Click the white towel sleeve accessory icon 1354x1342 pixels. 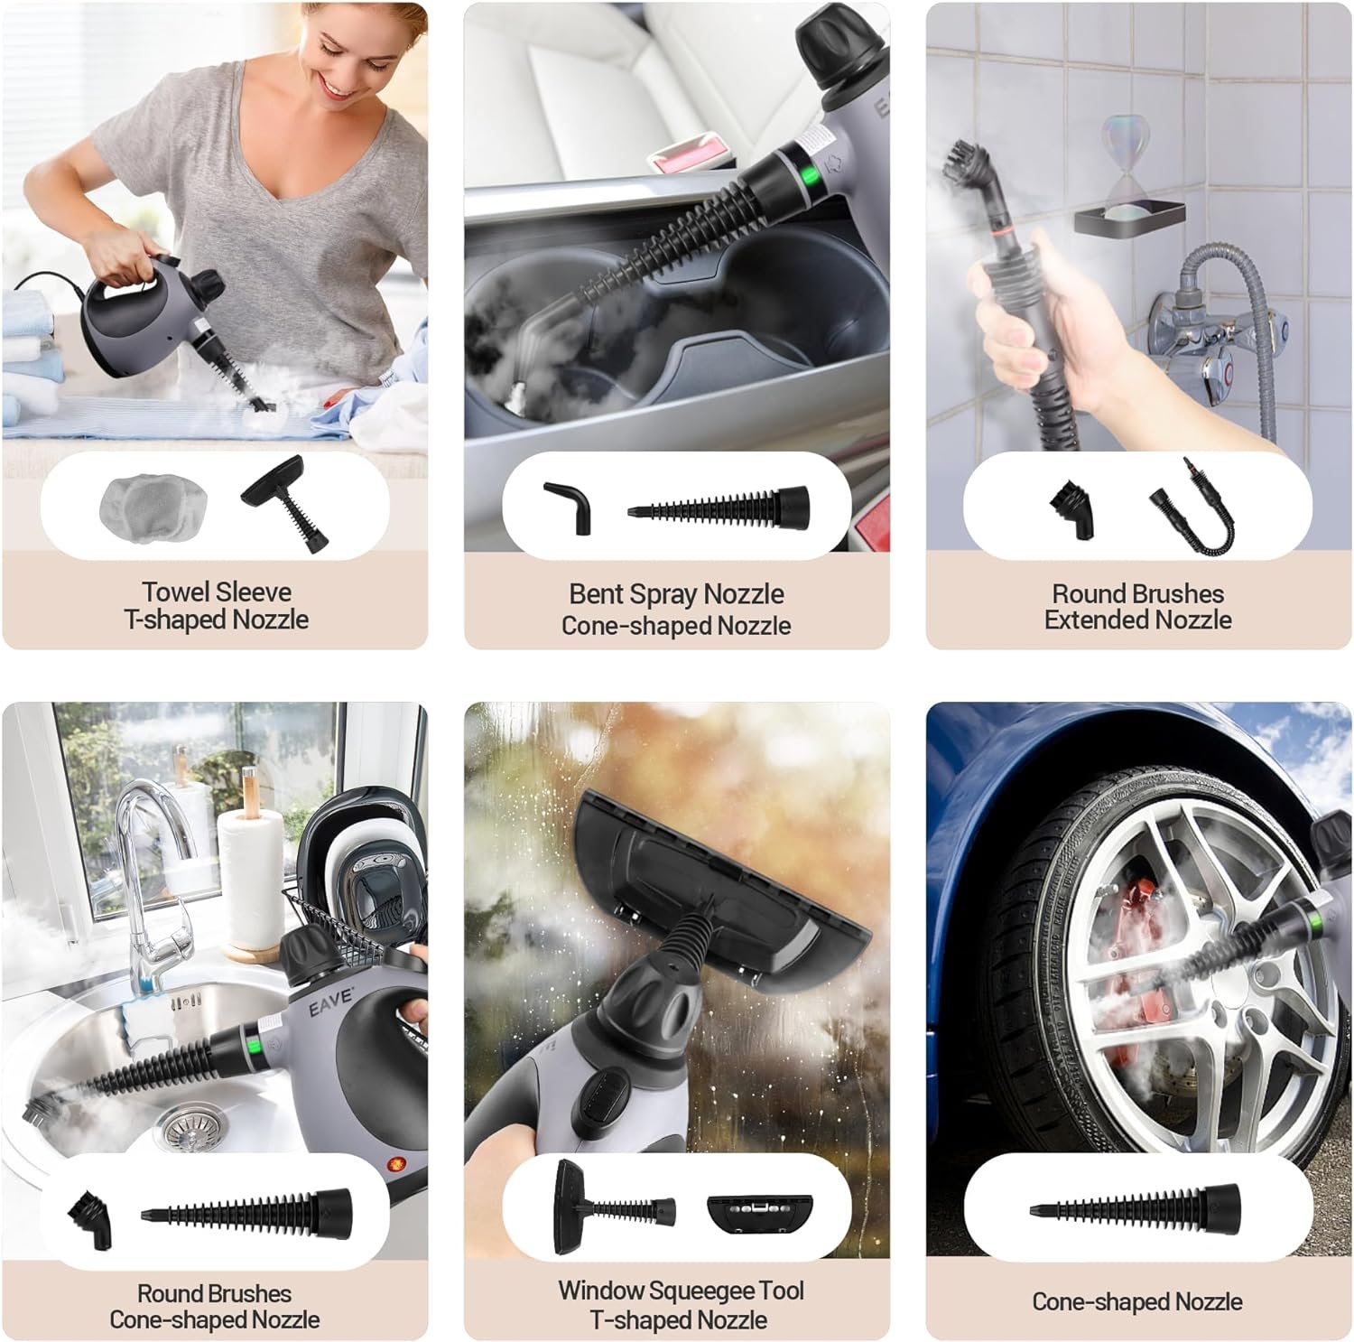(x=153, y=506)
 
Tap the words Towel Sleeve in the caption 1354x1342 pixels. (x=217, y=592)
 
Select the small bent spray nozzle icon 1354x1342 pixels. (x=569, y=508)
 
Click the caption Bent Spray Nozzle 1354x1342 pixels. (x=676, y=594)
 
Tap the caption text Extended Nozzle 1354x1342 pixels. (x=1138, y=620)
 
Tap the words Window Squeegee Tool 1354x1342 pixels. (x=681, y=1291)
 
